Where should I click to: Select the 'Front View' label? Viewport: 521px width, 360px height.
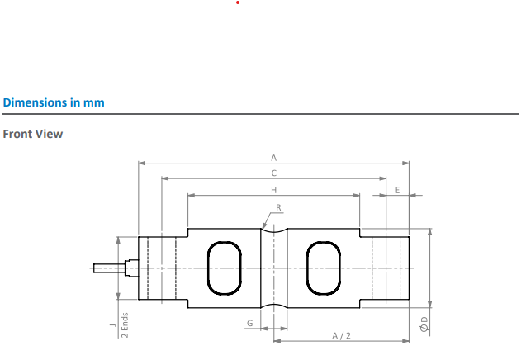[33, 134]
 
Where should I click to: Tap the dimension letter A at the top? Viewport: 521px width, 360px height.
[273, 157]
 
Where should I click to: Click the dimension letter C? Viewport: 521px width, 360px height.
[273, 173]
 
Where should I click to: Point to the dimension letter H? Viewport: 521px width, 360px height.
[273, 190]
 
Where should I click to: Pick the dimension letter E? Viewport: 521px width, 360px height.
[398, 190]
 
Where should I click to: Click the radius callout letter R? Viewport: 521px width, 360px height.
[279, 207]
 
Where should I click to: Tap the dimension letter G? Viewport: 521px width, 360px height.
[249, 323]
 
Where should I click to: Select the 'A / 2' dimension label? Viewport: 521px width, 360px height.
[341, 335]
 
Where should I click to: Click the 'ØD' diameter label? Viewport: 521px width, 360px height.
[424, 324]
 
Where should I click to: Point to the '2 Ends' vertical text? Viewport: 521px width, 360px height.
[126, 324]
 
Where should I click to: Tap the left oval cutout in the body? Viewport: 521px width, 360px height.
[225, 268]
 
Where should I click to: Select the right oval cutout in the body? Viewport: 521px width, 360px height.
[323, 268]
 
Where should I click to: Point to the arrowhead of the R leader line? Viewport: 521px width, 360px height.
[263, 226]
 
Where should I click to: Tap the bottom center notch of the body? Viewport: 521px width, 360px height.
[273, 305]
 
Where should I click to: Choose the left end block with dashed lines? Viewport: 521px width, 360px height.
[158, 268]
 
